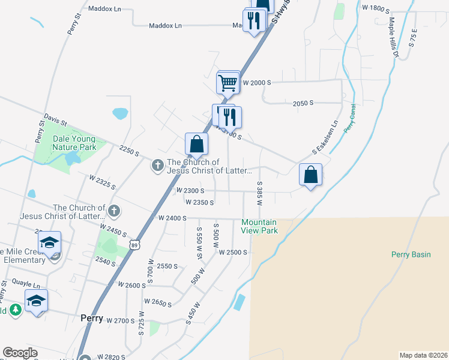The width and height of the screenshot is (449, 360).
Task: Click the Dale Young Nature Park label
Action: (x=74, y=143)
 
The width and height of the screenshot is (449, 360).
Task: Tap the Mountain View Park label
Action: (x=259, y=226)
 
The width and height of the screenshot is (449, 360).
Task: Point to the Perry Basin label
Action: (x=411, y=254)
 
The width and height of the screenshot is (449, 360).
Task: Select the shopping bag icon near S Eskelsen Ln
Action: (x=311, y=175)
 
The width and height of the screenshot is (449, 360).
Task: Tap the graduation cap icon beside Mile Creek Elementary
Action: (x=49, y=242)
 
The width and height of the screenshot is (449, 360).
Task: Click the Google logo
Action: (x=20, y=353)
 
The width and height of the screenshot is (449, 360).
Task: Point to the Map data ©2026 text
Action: (x=423, y=355)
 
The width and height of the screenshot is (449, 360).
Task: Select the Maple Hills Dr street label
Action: (x=393, y=37)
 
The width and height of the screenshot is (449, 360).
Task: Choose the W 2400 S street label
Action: (x=173, y=218)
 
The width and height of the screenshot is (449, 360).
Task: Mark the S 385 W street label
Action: (x=260, y=194)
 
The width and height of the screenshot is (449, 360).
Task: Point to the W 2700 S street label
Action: (x=120, y=321)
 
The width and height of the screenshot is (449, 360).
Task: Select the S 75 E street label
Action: (x=413, y=37)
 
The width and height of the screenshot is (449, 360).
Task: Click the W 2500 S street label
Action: (x=234, y=253)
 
